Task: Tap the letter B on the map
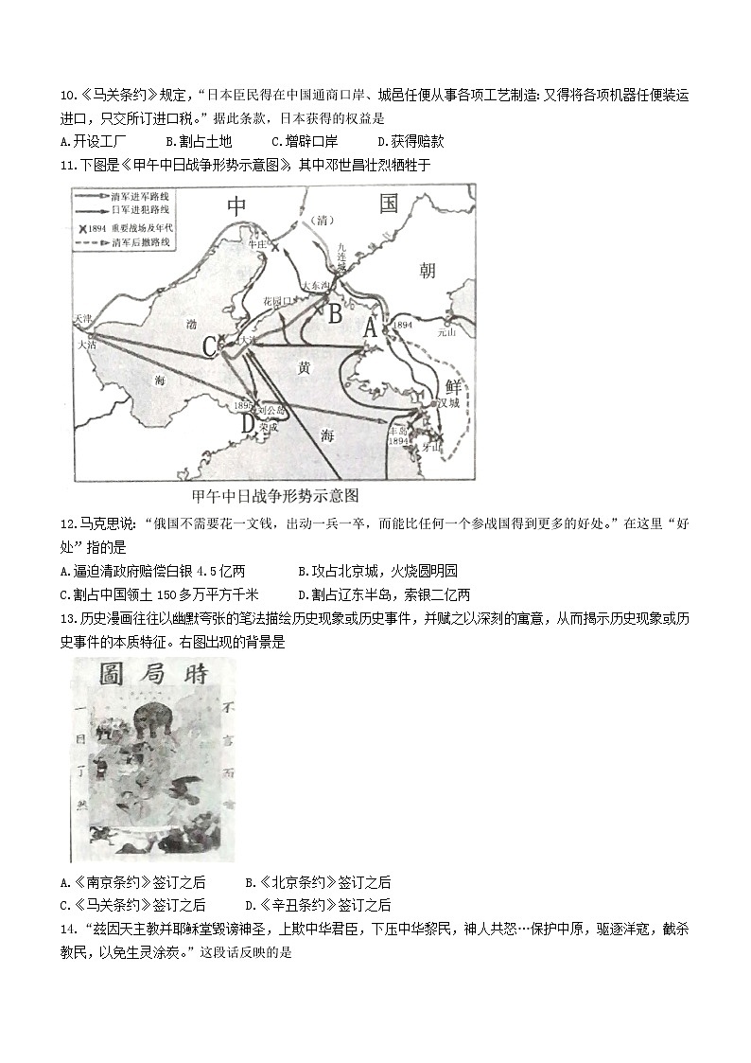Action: click(x=334, y=313)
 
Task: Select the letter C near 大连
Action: click(x=210, y=347)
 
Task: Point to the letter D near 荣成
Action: click(x=248, y=423)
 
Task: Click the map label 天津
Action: click(x=83, y=319)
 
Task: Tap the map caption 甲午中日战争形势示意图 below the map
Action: click(x=275, y=495)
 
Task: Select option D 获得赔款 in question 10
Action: click(x=410, y=141)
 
